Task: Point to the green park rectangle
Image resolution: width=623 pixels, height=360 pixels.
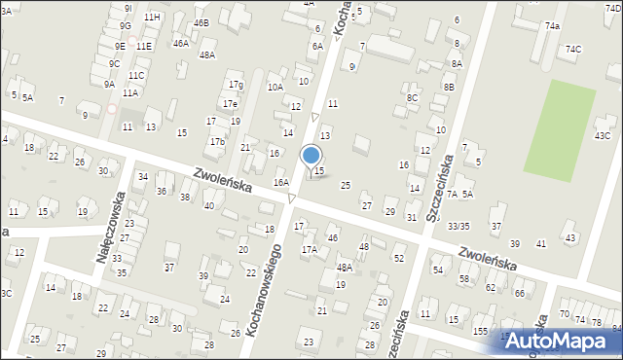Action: click(x=559, y=124)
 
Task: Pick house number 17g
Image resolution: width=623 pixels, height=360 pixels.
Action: click(x=236, y=86)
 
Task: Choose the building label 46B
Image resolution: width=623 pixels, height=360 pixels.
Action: click(x=201, y=22)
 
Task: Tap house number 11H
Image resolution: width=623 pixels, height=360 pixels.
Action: click(x=152, y=18)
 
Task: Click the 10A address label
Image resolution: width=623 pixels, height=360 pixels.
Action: click(x=275, y=87)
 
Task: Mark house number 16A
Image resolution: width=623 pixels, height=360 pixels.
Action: click(x=281, y=182)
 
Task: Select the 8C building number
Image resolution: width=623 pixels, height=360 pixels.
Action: click(x=413, y=97)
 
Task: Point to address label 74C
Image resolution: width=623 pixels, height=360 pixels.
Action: click(x=574, y=50)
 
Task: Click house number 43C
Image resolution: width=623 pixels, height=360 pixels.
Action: click(x=603, y=136)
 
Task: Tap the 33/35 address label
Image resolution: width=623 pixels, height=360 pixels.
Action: click(x=458, y=226)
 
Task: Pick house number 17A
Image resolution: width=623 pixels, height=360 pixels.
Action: click(x=309, y=249)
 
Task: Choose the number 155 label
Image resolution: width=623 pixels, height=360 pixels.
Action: click(x=481, y=331)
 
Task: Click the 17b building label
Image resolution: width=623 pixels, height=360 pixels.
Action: click(x=217, y=142)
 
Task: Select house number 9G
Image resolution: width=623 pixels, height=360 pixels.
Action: click(x=125, y=25)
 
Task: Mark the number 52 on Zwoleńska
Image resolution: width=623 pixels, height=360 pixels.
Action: click(x=399, y=258)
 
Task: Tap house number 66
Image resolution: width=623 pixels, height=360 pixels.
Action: click(x=520, y=293)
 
